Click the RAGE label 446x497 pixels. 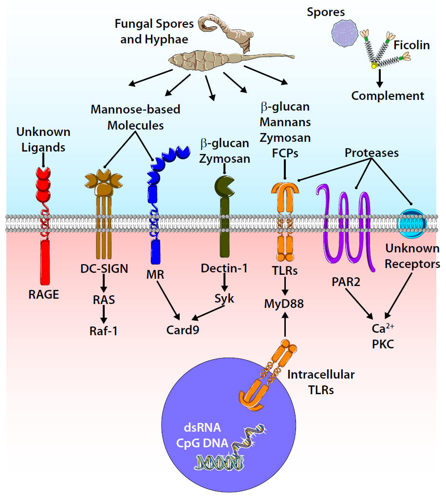[44, 294]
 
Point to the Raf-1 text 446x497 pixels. [103, 331]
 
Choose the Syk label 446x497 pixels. [224, 299]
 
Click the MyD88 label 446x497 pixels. [284, 305]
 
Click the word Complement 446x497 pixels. [388, 96]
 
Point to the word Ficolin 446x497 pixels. [411, 45]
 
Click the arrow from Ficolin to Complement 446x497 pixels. [377, 77]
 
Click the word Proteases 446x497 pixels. [372, 153]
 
